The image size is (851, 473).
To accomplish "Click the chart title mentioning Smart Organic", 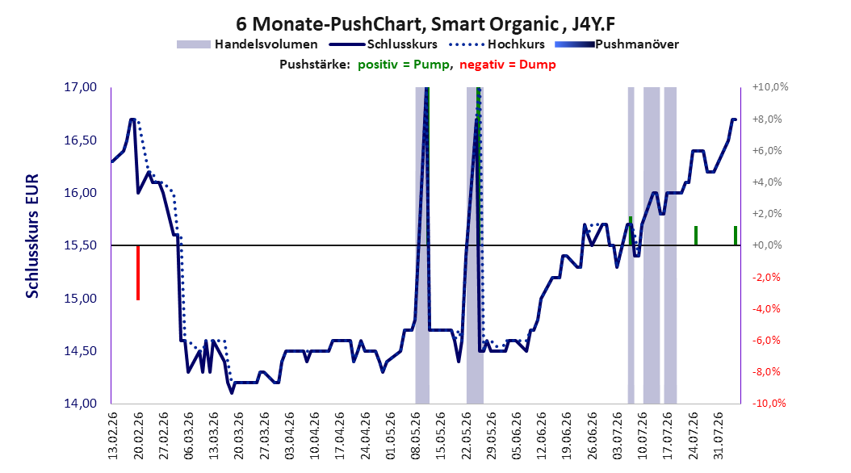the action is (425, 24).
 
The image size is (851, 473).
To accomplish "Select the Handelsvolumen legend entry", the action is (248, 44).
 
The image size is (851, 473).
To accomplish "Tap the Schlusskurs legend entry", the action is (384, 44).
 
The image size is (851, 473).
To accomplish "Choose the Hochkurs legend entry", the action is (497, 44).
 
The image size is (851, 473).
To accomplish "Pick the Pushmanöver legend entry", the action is (617, 44).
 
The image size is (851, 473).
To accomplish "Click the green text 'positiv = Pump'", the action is (404, 65).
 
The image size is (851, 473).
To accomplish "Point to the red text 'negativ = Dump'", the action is (508, 65).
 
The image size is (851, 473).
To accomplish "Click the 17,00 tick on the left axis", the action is (80, 87).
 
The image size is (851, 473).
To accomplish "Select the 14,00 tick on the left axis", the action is (80, 404).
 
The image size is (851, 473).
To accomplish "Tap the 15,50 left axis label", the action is (80, 245).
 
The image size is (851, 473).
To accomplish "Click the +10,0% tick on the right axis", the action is (769, 87).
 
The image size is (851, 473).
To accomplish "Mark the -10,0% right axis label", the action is (769, 404).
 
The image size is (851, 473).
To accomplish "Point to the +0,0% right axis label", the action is (767, 245).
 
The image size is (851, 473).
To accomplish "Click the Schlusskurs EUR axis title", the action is (32, 236).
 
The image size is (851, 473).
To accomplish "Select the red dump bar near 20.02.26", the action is (138, 272).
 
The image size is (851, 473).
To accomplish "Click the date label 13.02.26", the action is (113, 436).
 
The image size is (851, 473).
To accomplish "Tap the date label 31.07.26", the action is (719, 436).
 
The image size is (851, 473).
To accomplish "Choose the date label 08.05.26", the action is (416, 436).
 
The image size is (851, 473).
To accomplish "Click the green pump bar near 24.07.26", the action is (696, 236).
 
